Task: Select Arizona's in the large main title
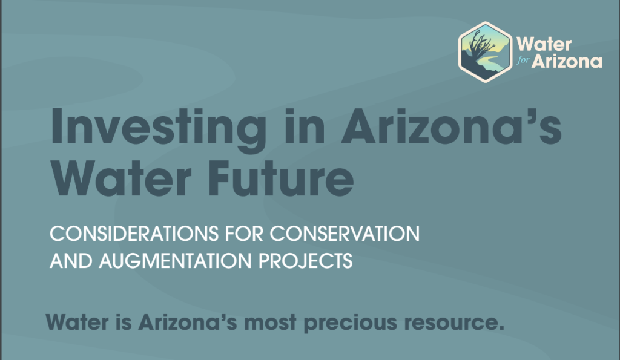pyautogui.click(x=451, y=126)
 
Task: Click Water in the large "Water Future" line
pyautogui.click(x=121, y=178)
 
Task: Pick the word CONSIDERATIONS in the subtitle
pyautogui.click(x=134, y=234)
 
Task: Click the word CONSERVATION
pyautogui.click(x=345, y=234)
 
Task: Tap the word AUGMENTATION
pyautogui.click(x=175, y=261)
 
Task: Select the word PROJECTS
pyautogui.click(x=305, y=261)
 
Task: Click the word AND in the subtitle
pyautogui.click(x=71, y=261)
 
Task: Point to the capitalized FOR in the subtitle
pyautogui.click(x=244, y=234)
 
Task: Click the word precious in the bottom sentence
pyautogui.click(x=351, y=323)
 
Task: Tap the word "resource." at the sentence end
pyautogui.click(x=454, y=323)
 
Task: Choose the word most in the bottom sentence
pyautogui.click(x=270, y=323)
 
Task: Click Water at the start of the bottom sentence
pyautogui.click(x=77, y=322)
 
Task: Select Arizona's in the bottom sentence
pyautogui.click(x=188, y=322)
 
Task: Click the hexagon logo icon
pyautogui.click(x=485, y=52)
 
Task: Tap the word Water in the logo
pyautogui.click(x=544, y=44)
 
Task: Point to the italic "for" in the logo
pyautogui.click(x=523, y=61)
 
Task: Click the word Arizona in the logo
pyautogui.click(x=567, y=61)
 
